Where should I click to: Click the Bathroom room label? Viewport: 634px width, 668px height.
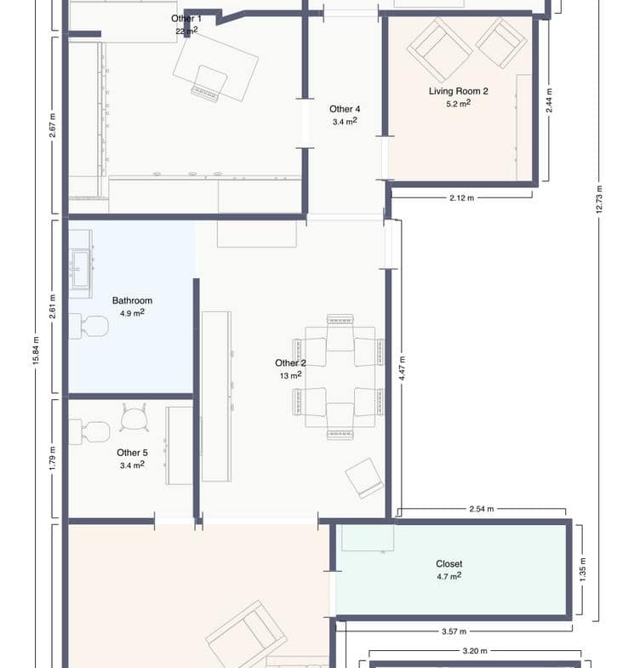132,300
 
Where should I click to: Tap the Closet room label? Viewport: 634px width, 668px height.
449,563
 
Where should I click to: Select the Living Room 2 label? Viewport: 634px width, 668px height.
459,91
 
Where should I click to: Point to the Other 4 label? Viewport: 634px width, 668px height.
345,109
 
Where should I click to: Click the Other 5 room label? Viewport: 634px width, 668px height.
132,453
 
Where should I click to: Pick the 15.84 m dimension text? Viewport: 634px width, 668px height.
36,351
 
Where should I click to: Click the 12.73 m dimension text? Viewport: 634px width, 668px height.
598,199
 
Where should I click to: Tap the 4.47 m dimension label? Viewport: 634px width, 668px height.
403,369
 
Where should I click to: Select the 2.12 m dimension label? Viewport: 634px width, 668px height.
462,198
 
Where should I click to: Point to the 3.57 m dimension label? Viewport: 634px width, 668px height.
454,631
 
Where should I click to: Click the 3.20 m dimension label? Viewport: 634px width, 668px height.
475,651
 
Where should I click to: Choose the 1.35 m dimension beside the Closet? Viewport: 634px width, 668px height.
582,570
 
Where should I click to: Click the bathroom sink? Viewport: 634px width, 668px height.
81,268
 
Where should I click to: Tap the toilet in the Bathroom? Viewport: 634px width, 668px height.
89,326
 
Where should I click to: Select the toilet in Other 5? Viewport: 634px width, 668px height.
89,432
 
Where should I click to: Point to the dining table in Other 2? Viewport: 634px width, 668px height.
340,377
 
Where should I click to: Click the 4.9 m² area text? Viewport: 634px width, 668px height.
132,313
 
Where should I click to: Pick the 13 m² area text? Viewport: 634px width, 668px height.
290,375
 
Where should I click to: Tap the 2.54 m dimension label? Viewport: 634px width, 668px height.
482,509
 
